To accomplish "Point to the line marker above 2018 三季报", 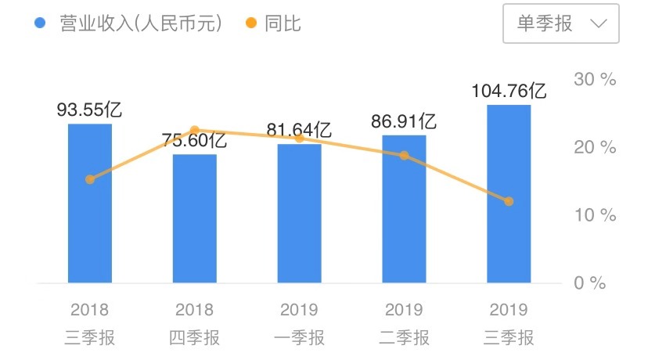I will click(x=90, y=179).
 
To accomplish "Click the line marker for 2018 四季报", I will click(x=195, y=130).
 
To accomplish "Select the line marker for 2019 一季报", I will click(x=299, y=139).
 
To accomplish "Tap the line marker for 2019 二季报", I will click(x=404, y=155).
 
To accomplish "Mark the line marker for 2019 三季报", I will click(x=509, y=201).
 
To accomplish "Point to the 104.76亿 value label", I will click(x=509, y=91).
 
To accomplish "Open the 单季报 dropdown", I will click(x=561, y=23).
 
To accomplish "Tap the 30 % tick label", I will click(x=595, y=79).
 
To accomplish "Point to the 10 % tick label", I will click(x=595, y=215).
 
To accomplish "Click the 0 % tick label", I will click(x=590, y=283).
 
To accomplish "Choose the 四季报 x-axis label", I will click(x=195, y=338).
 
